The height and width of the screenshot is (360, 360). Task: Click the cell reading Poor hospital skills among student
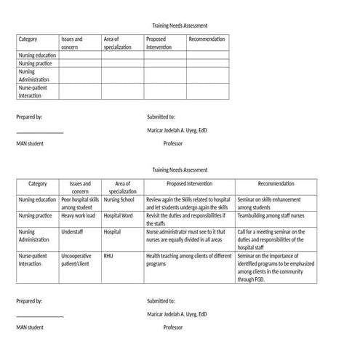(79, 204)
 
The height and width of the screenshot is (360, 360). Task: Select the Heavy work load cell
(78, 216)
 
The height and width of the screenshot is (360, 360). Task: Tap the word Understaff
(73, 232)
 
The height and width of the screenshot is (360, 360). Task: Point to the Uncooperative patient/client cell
(77, 260)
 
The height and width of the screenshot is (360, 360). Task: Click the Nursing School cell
(119, 200)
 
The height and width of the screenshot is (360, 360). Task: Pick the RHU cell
(109, 257)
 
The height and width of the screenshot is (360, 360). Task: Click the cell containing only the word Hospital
(113, 232)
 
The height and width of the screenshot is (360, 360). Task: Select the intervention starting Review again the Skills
(188, 204)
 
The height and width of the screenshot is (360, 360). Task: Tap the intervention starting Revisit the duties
(185, 220)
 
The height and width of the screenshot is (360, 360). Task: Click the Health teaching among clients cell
(188, 260)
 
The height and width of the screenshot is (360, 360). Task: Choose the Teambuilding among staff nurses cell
(271, 216)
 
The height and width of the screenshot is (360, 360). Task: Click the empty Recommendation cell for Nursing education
(207, 55)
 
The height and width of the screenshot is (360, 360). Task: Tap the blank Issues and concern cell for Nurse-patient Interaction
(79, 92)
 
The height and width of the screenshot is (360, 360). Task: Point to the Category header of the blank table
(28, 39)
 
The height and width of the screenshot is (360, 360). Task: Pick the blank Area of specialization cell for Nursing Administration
(121, 76)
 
